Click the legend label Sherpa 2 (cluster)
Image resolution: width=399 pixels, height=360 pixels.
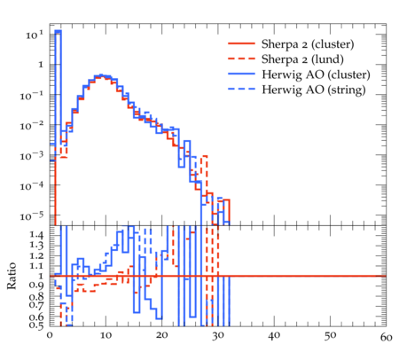308,44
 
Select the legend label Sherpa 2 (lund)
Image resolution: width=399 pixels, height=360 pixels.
302,59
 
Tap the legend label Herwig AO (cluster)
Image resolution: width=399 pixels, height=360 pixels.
316,74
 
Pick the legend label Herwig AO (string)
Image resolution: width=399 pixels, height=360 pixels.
313,90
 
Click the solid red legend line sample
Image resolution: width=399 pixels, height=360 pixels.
241,43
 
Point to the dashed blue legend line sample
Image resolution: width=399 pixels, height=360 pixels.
241,89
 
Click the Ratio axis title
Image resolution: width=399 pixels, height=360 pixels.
12,276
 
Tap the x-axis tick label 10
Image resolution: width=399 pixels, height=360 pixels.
106,335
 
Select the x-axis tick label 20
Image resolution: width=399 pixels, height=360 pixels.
161,335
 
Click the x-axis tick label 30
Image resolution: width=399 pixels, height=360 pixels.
218,335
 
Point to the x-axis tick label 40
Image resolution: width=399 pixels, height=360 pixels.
274,335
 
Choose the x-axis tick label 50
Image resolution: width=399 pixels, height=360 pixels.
330,335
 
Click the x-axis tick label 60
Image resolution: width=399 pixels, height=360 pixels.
386,337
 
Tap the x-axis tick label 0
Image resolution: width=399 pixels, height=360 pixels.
50,335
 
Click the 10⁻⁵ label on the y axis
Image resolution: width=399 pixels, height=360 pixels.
31,216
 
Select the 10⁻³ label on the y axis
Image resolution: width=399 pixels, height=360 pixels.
31,156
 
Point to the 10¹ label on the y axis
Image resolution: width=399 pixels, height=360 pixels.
35,35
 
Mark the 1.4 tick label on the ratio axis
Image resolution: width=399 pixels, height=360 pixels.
36,235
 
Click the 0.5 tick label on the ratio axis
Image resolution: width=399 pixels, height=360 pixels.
36,325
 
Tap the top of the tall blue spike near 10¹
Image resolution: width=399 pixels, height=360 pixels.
58,31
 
